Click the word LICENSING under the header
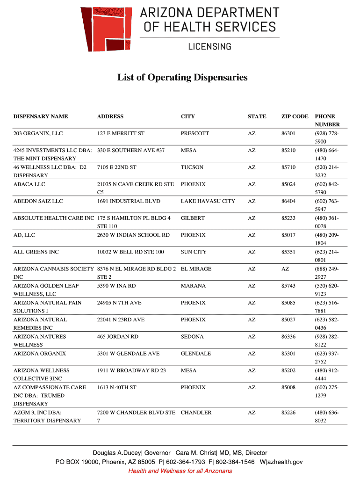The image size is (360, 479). pyautogui.click(x=209, y=46)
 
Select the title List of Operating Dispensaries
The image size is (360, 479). pyautogui.click(x=182, y=77)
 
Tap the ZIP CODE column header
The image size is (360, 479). pyautogui.click(x=295, y=116)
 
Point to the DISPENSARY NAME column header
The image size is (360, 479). pyautogui.click(x=41, y=116)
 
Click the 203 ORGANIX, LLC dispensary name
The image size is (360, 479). pyautogui.click(x=38, y=134)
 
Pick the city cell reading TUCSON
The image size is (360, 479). pyautogui.click(x=192, y=167)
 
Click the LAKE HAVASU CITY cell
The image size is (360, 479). pyautogui.click(x=208, y=201)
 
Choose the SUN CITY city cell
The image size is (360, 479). pyautogui.click(x=194, y=252)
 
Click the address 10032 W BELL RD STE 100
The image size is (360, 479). pyautogui.click(x=130, y=252)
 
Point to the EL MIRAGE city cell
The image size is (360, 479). pyautogui.click(x=196, y=269)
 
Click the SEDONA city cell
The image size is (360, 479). pyautogui.click(x=192, y=337)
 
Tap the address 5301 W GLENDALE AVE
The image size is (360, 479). pyautogui.click(x=128, y=354)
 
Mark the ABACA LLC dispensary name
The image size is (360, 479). pyautogui.click(x=29, y=184)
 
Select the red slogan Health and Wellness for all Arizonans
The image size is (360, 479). pyautogui.click(x=180, y=471)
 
